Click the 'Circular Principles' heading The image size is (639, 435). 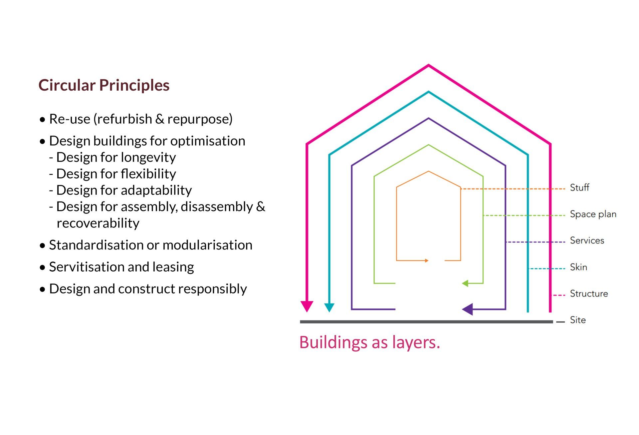[x=104, y=85]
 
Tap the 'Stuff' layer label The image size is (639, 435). [x=579, y=188]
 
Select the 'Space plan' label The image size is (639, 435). [x=593, y=214]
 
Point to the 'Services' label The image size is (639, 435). [x=587, y=240]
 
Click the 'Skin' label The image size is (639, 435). [x=578, y=267]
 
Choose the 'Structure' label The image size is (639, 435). [x=589, y=294]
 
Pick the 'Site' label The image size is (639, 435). [x=578, y=320]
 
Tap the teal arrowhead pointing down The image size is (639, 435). [x=329, y=307]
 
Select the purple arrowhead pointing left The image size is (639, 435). [x=468, y=309]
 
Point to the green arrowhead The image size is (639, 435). [x=465, y=283]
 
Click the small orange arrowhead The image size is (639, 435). [x=427, y=260]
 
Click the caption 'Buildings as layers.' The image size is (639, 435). [x=369, y=342]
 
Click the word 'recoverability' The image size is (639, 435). [x=98, y=223]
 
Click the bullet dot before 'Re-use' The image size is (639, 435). [x=42, y=120]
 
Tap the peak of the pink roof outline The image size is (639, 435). [x=428, y=66]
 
